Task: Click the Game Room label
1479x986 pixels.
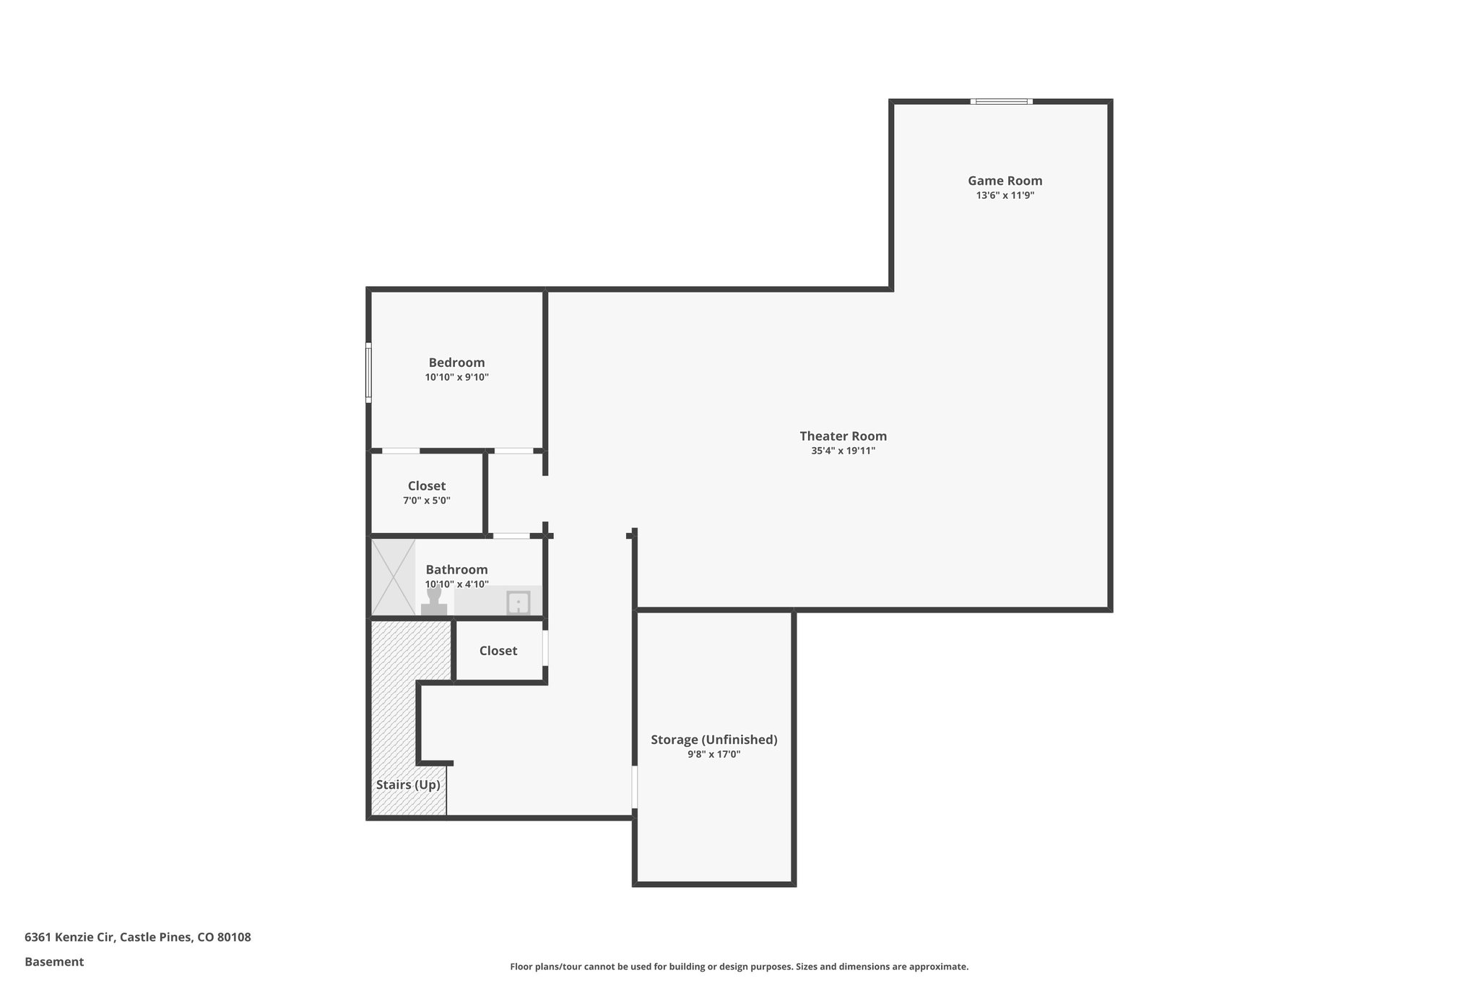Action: [1005, 181]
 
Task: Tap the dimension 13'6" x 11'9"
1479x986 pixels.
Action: [1005, 196]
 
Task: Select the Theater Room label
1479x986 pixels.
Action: [843, 436]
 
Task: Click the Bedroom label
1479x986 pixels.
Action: [456, 363]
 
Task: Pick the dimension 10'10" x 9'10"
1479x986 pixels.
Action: [456, 378]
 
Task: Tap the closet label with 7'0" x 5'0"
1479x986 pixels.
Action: [426, 486]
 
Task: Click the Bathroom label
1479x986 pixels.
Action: [456, 570]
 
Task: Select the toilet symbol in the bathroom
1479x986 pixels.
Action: [434, 602]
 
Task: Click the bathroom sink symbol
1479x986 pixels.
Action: [518, 602]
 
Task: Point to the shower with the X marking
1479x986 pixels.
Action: [393, 576]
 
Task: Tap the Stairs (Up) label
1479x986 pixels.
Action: [408, 785]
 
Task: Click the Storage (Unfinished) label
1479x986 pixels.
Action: [714, 740]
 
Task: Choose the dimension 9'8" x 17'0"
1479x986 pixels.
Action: [714, 755]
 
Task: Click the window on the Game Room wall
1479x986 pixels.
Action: [1001, 102]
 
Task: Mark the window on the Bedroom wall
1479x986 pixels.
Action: [368, 373]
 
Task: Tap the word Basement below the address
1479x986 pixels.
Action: [54, 962]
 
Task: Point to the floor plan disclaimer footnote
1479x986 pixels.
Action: [739, 966]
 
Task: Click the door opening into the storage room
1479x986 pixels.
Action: [635, 787]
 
